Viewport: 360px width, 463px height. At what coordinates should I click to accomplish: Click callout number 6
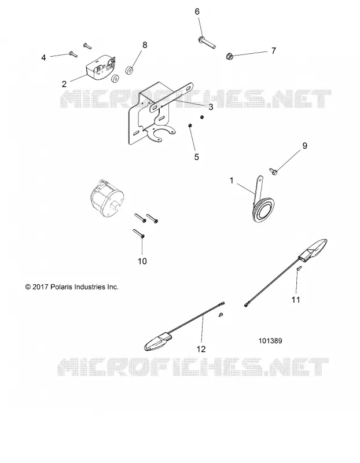pyautogui.click(x=197, y=12)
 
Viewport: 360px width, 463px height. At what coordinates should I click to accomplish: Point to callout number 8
pyautogui.click(x=145, y=45)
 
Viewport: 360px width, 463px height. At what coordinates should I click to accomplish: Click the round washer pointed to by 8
pyautogui.click(x=129, y=71)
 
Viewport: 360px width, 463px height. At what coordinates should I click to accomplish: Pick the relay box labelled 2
pyautogui.click(x=100, y=67)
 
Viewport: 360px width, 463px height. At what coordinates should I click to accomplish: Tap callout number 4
pyautogui.click(x=44, y=57)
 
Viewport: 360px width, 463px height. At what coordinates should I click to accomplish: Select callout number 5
pyautogui.click(x=197, y=157)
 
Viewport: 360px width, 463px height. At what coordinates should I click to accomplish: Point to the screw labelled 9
pyautogui.click(x=273, y=170)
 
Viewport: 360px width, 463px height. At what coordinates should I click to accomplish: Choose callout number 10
pyautogui.click(x=142, y=262)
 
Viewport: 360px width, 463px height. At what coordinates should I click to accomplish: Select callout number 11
pyautogui.click(x=296, y=300)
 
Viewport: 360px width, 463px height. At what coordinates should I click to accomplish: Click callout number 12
pyautogui.click(x=201, y=349)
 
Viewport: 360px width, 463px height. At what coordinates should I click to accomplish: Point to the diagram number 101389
pyautogui.click(x=270, y=341)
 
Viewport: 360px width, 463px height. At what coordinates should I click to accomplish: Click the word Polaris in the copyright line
pyautogui.click(x=63, y=286)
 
